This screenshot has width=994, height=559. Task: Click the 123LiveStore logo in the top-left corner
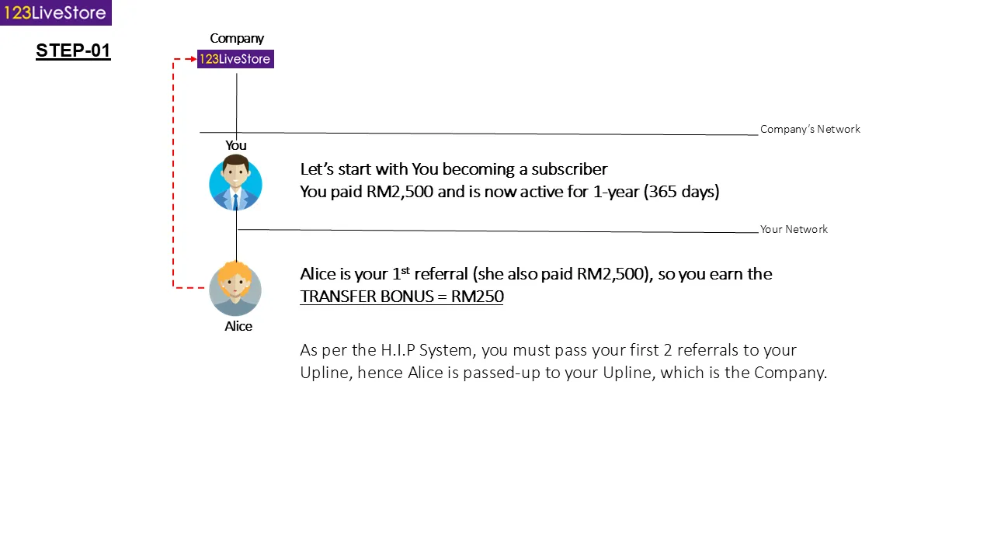click(x=55, y=12)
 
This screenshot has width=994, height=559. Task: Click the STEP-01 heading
click(x=73, y=50)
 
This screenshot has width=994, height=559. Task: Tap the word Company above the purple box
click(x=237, y=39)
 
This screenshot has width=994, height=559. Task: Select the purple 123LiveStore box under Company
click(x=235, y=59)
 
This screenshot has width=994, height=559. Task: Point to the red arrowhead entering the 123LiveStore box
click(x=193, y=59)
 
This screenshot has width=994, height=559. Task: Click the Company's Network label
click(x=810, y=129)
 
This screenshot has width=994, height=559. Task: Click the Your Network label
click(x=794, y=229)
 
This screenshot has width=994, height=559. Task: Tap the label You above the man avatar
click(x=235, y=145)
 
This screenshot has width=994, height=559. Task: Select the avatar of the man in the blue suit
click(x=235, y=182)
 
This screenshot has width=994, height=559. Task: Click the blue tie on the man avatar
click(x=235, y=202)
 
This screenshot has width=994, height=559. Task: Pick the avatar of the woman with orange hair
click(x=235, y=288)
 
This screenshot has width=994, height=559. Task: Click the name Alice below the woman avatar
click(x=238, y=326)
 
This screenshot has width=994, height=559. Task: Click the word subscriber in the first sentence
click(x=569, y=169)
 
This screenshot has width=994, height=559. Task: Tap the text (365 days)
click(x=682, y=192)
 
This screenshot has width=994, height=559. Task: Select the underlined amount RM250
click(x=478, y=297)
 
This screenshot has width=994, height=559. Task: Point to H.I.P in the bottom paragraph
click(x=398, y=350)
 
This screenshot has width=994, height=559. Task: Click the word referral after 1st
click(x=441, y=274)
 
